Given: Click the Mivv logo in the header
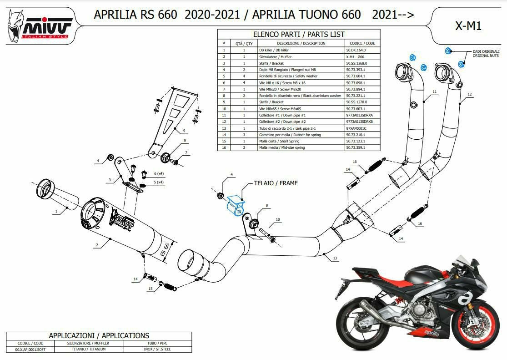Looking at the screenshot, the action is coord(39,26).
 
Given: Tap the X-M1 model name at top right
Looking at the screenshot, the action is coord(468,26).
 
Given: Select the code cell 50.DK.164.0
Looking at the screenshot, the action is coord(362,50).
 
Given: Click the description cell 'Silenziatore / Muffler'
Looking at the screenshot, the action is coord(301,56).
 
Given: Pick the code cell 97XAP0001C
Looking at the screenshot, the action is coord(362,128).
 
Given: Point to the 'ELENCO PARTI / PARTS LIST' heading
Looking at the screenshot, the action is coord(299,34).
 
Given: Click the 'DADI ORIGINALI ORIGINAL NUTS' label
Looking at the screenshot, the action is coord(486,53).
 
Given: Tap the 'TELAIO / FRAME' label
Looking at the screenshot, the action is coord(276,183).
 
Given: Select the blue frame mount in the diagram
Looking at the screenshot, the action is coord(236,205).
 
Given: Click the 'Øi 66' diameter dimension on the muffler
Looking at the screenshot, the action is coord(166,250).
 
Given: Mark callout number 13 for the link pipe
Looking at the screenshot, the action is coord(335,258).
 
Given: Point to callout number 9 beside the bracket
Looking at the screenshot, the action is coord(184,131).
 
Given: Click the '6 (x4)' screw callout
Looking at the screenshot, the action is coord(159,174).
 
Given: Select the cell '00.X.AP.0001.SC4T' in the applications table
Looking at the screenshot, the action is coord(30,350).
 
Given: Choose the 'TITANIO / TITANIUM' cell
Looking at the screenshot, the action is coord(89,350).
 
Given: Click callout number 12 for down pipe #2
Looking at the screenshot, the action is coord(470,95).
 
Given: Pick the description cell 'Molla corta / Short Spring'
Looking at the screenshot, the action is coord(301,141).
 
